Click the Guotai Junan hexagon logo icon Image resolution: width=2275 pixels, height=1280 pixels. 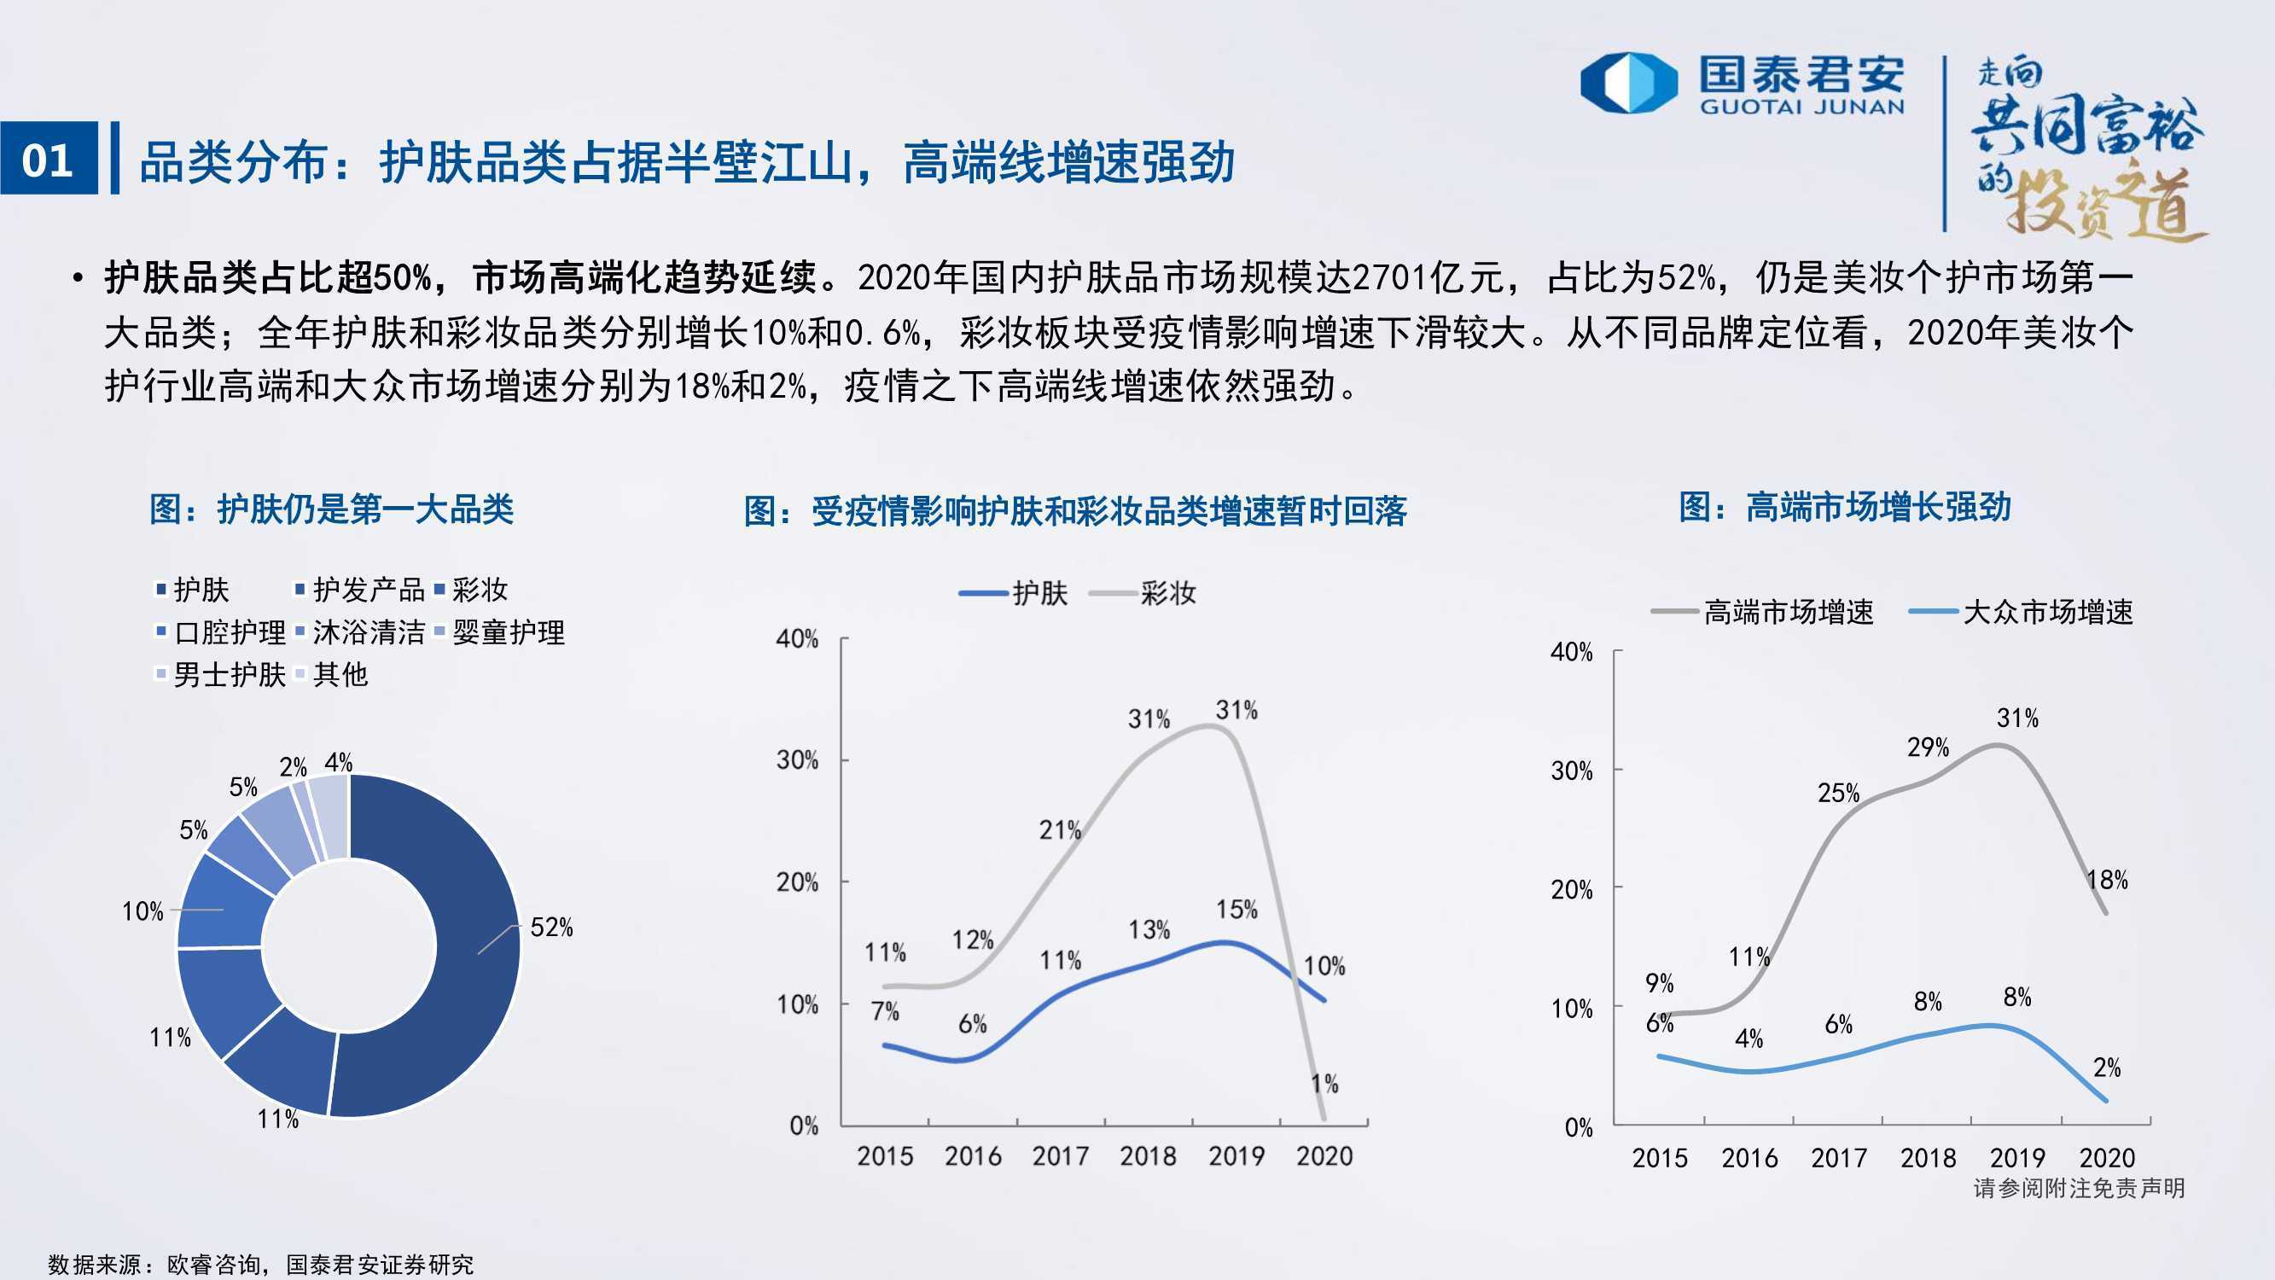coord(1628,84)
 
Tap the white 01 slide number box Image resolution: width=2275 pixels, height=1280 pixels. coord(49,158)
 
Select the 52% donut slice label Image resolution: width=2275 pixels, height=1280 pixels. coord(551,928)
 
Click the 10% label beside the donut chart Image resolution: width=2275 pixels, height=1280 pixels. coord(143,911)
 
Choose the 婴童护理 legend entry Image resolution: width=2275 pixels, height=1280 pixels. coord(500,632)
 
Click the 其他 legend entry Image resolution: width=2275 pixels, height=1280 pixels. coord(332,674)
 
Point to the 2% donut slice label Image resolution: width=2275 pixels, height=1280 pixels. coord(294,767)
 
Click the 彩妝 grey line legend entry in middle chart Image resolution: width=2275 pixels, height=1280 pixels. coord(1143,593)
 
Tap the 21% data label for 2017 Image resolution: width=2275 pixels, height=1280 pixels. coord(1060,830)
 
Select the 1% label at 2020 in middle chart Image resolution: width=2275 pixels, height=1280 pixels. coord(1324,1084)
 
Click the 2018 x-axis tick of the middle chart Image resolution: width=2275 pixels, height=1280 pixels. coord(1148,1155)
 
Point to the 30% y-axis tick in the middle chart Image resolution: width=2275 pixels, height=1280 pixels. coord(798,759)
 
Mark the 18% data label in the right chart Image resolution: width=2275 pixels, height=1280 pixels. coord(2107,880)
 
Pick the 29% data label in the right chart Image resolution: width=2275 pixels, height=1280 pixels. coord(1928,748)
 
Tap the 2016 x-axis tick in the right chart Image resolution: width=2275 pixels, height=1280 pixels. coord(1749,1157)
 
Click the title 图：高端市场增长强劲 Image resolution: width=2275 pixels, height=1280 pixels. coord(1845,507)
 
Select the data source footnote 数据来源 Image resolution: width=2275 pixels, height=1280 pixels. coord(260,1264)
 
